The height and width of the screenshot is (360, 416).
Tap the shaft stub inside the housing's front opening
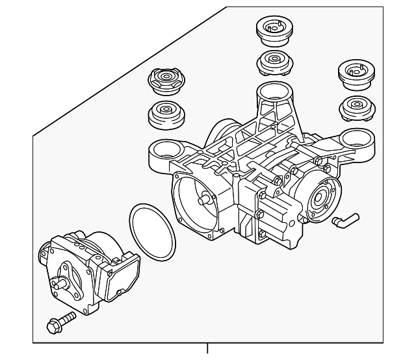207,201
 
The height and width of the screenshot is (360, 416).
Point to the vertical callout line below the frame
208,350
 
